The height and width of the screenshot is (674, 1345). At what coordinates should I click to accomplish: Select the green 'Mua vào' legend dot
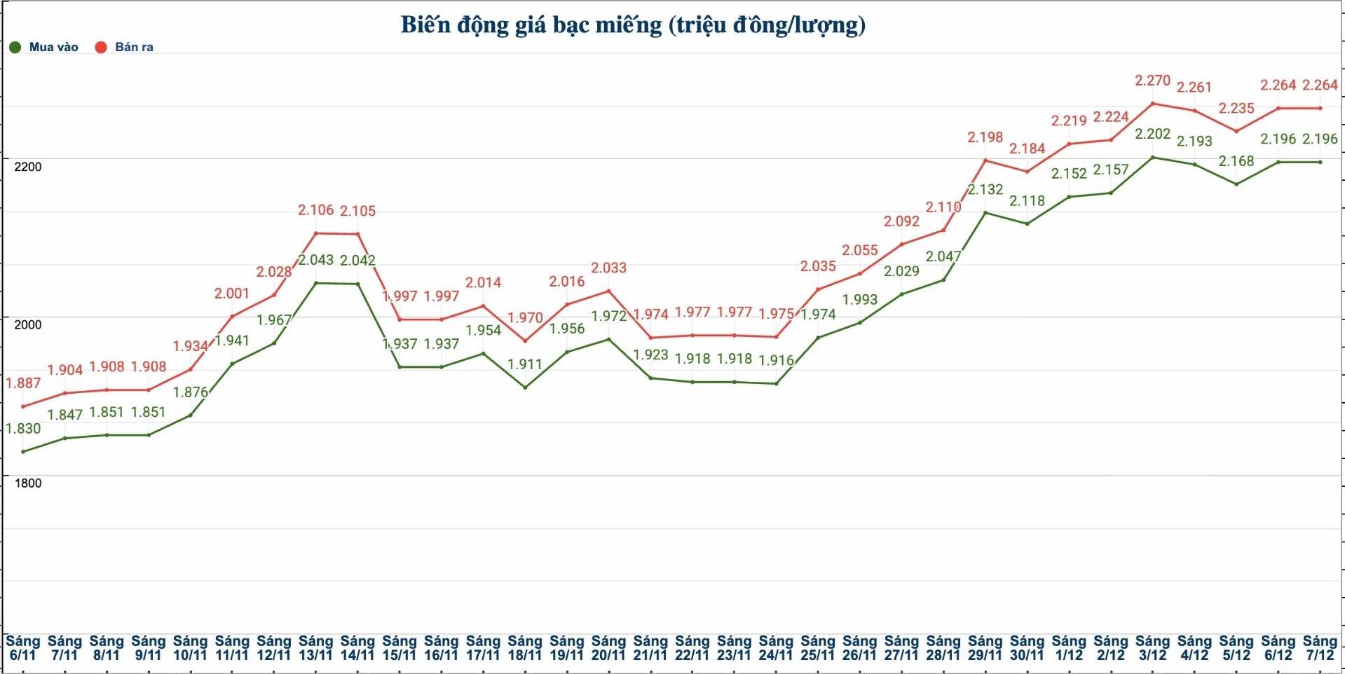pyautogui.click(x=15, y=48)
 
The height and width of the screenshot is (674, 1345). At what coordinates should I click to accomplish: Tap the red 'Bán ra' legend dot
pyautogui.click(x=101, y=48)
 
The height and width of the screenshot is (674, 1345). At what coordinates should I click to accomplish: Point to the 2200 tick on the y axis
pyautogui.click(x=28, y=167)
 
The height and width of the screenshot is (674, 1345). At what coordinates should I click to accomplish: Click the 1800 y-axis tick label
pyautogui.click(x=28, y=483)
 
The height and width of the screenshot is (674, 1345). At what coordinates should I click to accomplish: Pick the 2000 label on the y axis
pyautogui.click(x=28, y=324)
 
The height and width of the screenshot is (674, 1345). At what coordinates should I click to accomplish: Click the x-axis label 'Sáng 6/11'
pyautogui.click(x=23, y=648)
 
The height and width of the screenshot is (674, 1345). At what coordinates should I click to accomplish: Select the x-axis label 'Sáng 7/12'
pyautogui.click(x=1320, y=648)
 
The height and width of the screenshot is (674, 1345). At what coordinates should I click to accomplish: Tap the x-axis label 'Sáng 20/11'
pyautogui.click(x=608, y=648)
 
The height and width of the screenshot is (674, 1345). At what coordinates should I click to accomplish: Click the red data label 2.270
pyautogui.click(x=1152, y=81)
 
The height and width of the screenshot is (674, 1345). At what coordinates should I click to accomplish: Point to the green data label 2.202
pyautogui.click(x=1152, y=134)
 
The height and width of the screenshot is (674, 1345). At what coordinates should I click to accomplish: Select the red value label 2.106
pyautogui.click(x=315, y=210)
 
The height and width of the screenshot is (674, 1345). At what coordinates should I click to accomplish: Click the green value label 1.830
pyautogui.click(x=23, y=429)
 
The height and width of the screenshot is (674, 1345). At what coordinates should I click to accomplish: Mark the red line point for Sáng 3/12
pyautogui.click(x=1153, y=104)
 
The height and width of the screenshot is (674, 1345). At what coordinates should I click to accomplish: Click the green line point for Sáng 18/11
pyautogui.click(x=525, y=387)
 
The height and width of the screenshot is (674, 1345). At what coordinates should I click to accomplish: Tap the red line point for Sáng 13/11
pyautogui.click(x=316, y=233)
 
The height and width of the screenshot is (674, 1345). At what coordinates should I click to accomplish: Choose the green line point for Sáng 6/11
pyautogui.click(x=23, y=452)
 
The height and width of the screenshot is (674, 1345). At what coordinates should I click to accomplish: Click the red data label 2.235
pyautogui.click(x=1236, y=109)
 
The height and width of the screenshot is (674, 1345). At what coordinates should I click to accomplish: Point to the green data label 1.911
pyautogui.click(x=525, y=364)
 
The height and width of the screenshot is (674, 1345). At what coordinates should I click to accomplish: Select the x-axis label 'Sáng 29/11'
pyautogui.click(x=985, y=648)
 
